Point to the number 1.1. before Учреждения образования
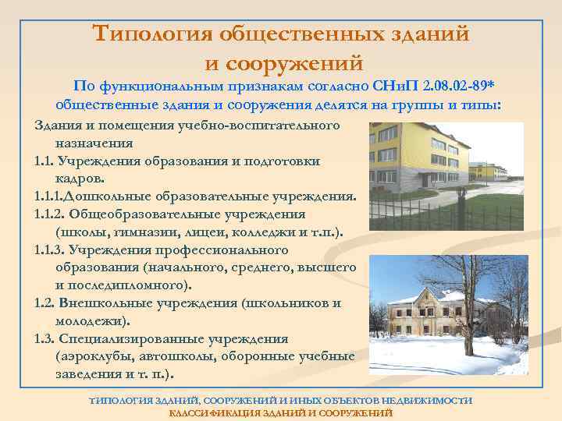coord(48,161)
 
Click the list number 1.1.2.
coord(51,214)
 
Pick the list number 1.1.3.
coord(51,249)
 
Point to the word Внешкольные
coord(105,302)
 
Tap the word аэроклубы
coord(91,356)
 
